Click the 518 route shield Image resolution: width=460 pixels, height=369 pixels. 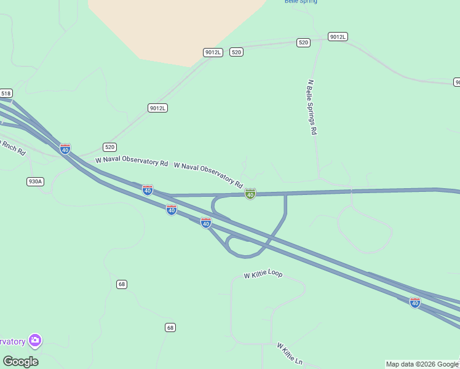[x=6, y=93]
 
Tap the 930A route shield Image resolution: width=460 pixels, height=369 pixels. [x=35, y=181]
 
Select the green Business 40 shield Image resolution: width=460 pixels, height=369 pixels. [x=250, y=194]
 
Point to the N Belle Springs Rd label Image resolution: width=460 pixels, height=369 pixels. [x=312, y=107]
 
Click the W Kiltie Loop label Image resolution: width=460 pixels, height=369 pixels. [x=263, y=274]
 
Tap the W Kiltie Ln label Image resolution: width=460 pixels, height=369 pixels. [x=289, y=354]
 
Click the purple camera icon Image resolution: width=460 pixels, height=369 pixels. [x=35, y=340]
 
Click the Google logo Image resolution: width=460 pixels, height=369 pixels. [x=20, y=361]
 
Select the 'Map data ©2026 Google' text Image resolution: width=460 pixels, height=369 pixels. [x=422, y=364]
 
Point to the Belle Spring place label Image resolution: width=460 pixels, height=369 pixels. [x=301, y=2]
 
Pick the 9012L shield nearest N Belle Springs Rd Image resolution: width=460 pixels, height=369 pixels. [x=338, y=37]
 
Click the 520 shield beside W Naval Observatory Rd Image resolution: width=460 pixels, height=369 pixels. [x=109, y=147]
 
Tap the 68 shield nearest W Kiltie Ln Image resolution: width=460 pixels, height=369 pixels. [x=170, y=327]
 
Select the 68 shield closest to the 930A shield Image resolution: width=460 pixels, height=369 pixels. [x=122, y=284]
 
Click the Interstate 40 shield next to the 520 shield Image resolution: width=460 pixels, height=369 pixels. [x=65, y=149]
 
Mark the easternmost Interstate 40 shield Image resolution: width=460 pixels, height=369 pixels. [x=415, y=303]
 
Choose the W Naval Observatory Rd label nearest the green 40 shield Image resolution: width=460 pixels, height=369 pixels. [x=208, y=175]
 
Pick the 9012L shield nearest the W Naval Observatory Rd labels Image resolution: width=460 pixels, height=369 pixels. [x=158, y=108]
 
